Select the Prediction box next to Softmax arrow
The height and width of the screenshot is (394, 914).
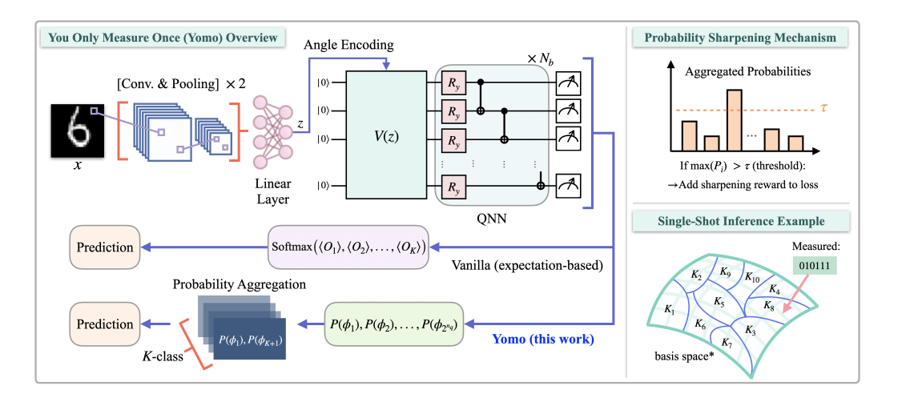click(105, 247)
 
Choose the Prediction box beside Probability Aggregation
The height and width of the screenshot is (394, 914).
click(105, 324)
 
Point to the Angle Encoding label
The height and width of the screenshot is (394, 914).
click(348, 45)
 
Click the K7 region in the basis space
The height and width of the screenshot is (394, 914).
click(727, 343)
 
